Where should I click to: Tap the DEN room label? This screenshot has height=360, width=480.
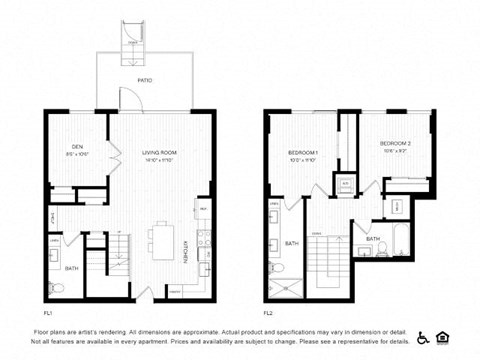(x=63, y=145)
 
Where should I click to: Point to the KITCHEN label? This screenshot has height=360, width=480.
(x=187, y=250)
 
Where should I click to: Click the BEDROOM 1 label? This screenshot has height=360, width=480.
(x=302, y=151)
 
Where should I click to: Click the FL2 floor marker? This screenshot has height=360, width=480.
(x=268, y=312)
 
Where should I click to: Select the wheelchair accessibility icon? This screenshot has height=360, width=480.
(x=423, y=337)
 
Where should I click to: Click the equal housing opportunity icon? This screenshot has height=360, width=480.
(x=444, y=337)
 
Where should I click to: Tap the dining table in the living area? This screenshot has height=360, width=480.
(x=161, y=241)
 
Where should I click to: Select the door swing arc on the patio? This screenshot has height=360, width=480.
(x=127, y=99)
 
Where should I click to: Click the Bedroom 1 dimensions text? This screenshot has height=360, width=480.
(x=302, y=159)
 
